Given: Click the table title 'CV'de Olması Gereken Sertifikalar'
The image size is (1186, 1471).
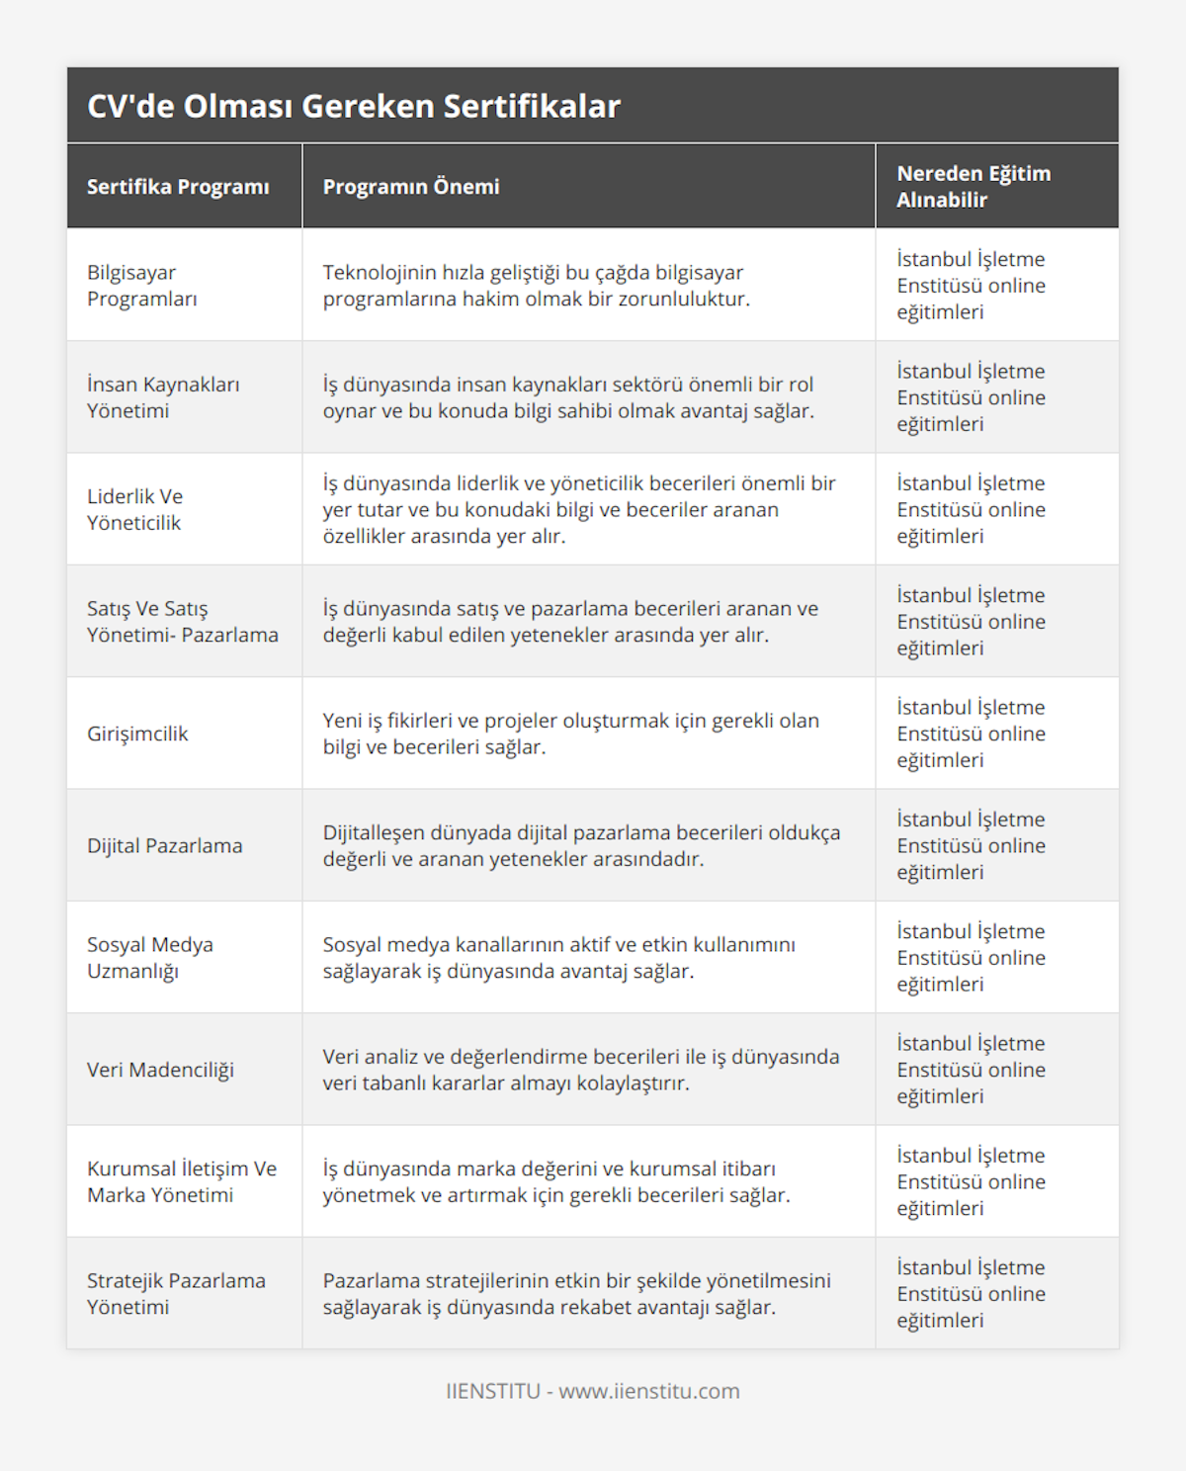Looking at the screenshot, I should coord(354,106).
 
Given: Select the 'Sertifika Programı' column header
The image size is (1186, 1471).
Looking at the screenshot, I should coord(178,187).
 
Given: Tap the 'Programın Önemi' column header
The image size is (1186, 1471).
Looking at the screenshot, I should coord(411,187).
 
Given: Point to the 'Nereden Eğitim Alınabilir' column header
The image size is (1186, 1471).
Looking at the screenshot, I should coord(974,187).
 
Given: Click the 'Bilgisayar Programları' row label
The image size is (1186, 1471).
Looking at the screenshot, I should coord(142,286).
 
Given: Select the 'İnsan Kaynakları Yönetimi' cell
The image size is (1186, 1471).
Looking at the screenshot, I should coord(163,397).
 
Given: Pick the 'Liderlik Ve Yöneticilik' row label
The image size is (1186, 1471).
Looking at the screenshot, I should coord(135,509).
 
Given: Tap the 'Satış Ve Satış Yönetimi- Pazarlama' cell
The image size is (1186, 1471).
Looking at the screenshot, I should coord(183,622).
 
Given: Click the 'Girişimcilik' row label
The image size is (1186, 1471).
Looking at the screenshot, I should coord(137,734).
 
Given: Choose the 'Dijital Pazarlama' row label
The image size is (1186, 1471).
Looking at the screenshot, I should coord(165,846).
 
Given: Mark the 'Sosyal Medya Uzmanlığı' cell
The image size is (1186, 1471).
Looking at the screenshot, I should coord(150,958).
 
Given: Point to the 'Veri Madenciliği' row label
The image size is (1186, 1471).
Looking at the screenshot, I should coord(161,1070).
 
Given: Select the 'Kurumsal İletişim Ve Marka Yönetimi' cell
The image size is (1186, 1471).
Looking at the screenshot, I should coord(182,1181).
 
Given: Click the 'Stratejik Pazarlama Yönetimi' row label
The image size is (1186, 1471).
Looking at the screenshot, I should coord(176,1293).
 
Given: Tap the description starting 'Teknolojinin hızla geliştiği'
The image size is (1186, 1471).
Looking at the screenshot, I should coord(537,286).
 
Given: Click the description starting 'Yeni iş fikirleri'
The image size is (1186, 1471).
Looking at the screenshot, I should coord(570,734).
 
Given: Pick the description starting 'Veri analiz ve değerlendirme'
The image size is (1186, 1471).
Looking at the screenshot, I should coord(581,1070).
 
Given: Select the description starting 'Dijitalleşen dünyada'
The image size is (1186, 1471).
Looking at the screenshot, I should coord(581,846).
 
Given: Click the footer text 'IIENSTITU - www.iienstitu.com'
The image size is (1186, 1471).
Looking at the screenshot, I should coord(593,1391).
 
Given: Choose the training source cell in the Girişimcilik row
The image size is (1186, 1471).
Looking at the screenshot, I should coord(972,734).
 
